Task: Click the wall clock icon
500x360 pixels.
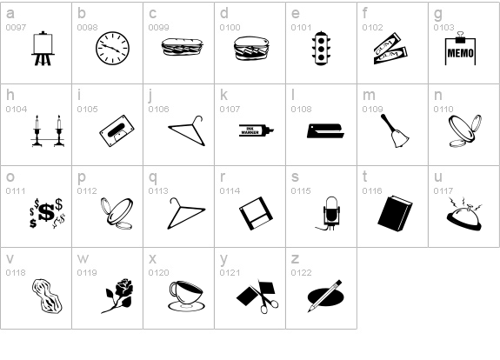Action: click(x=111, y=48)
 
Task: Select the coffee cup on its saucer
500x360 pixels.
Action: click(x=183, y=294)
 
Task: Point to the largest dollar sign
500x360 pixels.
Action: click(x=44, y=211)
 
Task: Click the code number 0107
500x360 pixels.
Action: click(x=230, y=110)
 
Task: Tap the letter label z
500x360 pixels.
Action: click(x=294, y=258)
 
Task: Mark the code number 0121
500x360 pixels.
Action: click(x=230, y=273)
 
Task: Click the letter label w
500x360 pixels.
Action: click(x=83, y=258)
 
